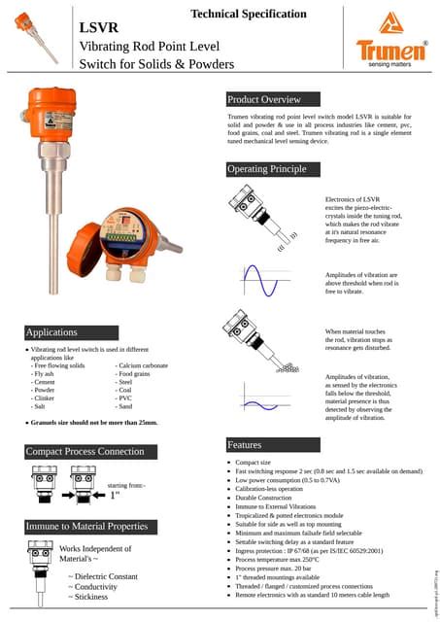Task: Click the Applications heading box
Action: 51,332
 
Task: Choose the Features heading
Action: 244,444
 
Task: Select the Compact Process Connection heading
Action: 85,452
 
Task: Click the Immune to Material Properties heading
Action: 88,526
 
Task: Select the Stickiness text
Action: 90,597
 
